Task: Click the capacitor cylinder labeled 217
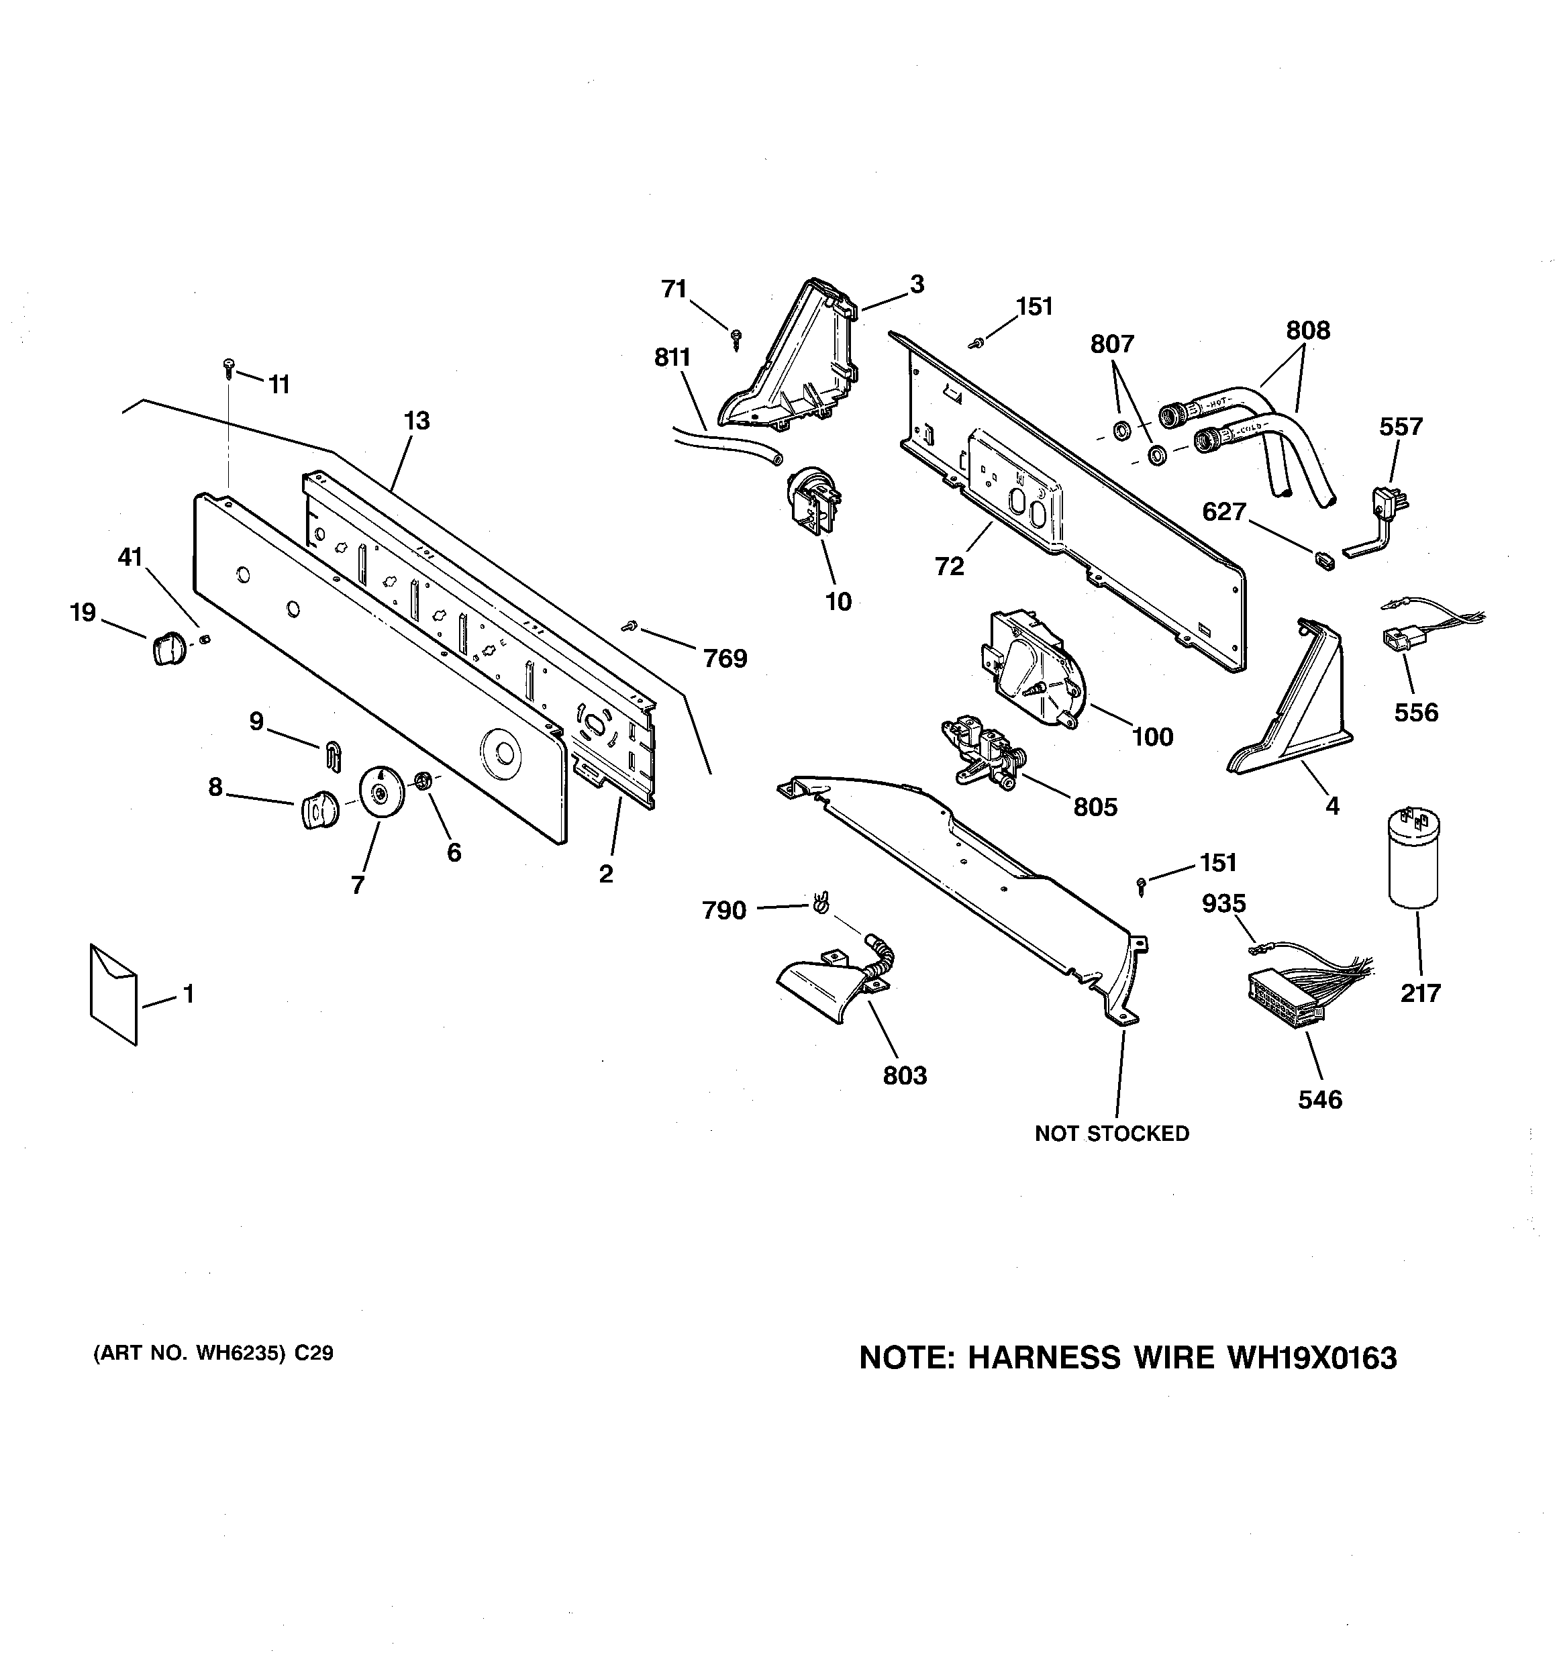1413,859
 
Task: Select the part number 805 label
1095,807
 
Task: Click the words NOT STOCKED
1111,1134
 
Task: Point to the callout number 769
725,659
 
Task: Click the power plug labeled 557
1389,505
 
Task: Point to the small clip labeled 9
332,755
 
